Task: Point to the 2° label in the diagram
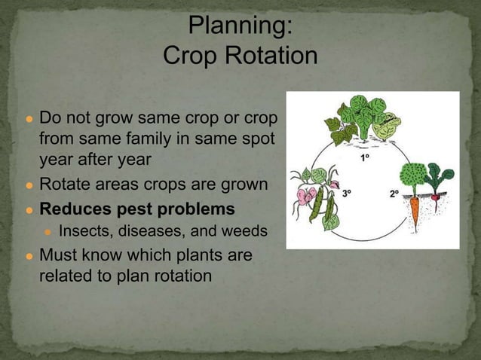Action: [394, 194]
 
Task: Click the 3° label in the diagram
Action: [348, 194]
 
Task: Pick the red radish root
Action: [437, 197]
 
